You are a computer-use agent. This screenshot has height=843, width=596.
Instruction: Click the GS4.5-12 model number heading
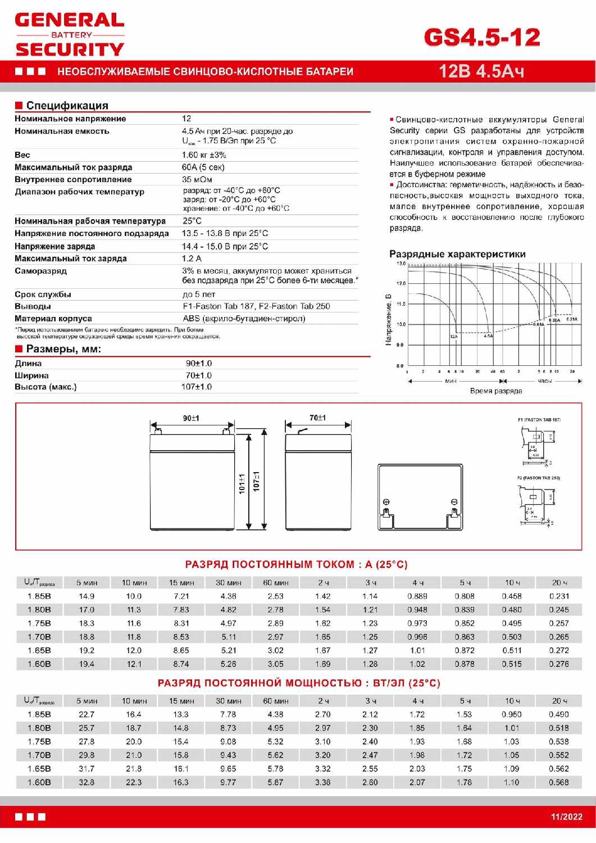click(x=482, y=37)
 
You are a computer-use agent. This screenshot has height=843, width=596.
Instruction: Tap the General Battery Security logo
click(x=70, y=35)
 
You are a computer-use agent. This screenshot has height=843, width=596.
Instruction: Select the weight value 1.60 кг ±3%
click(x=204, y=155)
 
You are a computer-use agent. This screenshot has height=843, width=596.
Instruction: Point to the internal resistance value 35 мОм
click(x=197, y=180)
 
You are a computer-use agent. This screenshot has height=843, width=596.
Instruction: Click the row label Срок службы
click(x=43, y=294)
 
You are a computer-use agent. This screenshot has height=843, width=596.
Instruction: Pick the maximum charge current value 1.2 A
click(x=192, y=259)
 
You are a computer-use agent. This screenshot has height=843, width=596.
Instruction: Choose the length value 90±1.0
click(x=199, y=364)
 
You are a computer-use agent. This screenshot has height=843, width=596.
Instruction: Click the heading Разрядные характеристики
click(x=457, y=254)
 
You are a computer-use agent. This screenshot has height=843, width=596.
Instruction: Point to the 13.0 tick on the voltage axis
click(x=401, y=264)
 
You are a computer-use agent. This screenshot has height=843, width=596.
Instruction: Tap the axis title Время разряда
click(x=496, y=391)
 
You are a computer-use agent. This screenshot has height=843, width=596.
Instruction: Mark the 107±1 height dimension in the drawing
click(x=257, y=481)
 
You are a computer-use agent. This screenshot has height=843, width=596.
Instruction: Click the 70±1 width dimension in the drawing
click(x=317, y=418)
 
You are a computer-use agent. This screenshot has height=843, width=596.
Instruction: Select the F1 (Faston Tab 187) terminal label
click(x=539, y=420)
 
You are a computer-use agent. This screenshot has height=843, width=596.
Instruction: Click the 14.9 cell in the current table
click(x=87, y=596)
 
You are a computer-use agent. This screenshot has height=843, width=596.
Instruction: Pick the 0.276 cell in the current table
click(x=559, y=664)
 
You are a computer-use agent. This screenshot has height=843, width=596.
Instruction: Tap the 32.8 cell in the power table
click(x=87, y=782)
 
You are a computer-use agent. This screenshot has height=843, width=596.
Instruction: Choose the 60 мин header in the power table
click(x=275, y=701)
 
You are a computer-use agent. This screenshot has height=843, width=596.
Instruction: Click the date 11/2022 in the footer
click(x=566, y=817)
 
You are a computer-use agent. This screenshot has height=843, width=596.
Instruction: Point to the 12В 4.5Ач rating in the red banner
click(x=481, y=71)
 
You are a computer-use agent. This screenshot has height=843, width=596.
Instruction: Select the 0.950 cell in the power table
click(x=512, y=714)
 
